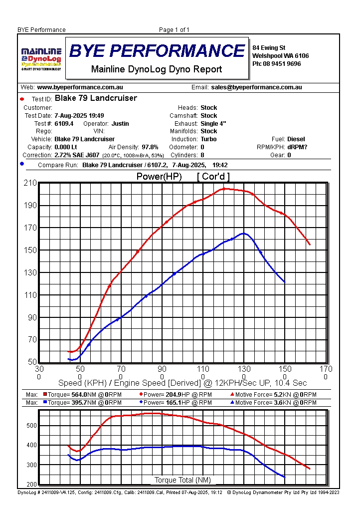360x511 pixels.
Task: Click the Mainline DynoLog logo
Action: tap(41, 58)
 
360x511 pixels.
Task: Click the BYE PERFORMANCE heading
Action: tap(157, 51)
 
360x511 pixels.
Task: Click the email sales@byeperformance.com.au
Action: tap(256, 87)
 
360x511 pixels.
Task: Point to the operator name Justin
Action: tap(120, 123)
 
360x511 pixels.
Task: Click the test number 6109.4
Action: tap(64, 123)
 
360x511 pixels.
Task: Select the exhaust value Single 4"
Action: tap(213, 123)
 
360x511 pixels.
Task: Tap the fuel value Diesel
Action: tap(296, 139)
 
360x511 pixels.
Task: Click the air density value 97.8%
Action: tap(150, 147)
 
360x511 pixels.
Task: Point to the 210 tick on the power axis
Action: tap(30, 183)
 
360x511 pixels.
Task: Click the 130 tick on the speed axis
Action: tap(244, 369)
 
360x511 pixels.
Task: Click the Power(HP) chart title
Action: tap(159, 177)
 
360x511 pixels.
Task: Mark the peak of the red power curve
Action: tap(224, 188)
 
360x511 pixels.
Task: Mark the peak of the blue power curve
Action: tap(244, 233)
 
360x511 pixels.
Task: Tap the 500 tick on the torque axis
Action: tap(31, 426)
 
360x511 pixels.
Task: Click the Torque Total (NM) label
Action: tap(182, 480)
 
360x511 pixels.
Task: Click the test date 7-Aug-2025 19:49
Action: tap(79, 115)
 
